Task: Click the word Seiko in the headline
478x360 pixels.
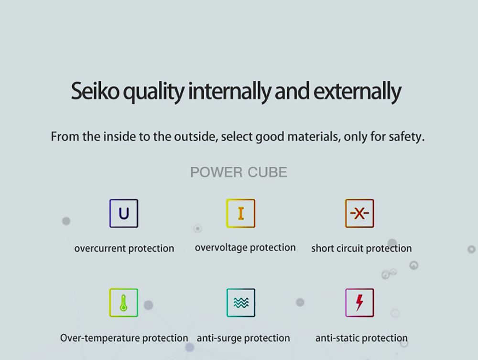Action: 95,91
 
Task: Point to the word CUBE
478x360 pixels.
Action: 267,172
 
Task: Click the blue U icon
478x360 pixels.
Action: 124,213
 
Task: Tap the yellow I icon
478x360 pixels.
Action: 241,213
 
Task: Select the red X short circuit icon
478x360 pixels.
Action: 359,213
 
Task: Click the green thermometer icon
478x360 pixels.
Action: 124,303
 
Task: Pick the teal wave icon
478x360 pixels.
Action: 241,303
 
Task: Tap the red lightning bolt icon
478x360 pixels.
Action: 359,303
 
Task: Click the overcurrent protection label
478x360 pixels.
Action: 124,249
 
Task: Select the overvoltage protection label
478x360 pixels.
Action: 245,248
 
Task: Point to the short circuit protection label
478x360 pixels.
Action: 361,249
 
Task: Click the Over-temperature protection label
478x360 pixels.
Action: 124,338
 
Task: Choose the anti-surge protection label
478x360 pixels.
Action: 243,338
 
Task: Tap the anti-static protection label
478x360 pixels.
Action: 361,338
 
